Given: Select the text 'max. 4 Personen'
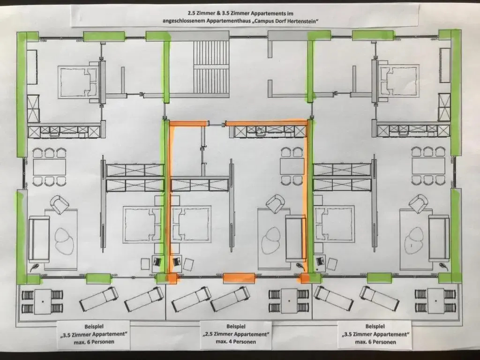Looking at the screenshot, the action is coord(236,342).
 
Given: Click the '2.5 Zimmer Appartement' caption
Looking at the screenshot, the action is coord(236,334).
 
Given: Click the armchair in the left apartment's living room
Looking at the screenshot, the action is coord(60,204).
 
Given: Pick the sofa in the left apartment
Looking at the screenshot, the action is coord(39,239).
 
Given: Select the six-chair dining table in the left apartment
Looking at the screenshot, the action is coord(49,167).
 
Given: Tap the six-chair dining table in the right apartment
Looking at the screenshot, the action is coord(428,166).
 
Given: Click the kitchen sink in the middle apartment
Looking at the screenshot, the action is coord(260,130).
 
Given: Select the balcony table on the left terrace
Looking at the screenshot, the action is coord(43,301).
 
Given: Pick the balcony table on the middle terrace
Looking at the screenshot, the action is coord(289,301).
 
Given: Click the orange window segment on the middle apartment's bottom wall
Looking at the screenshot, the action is coord(239,278).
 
